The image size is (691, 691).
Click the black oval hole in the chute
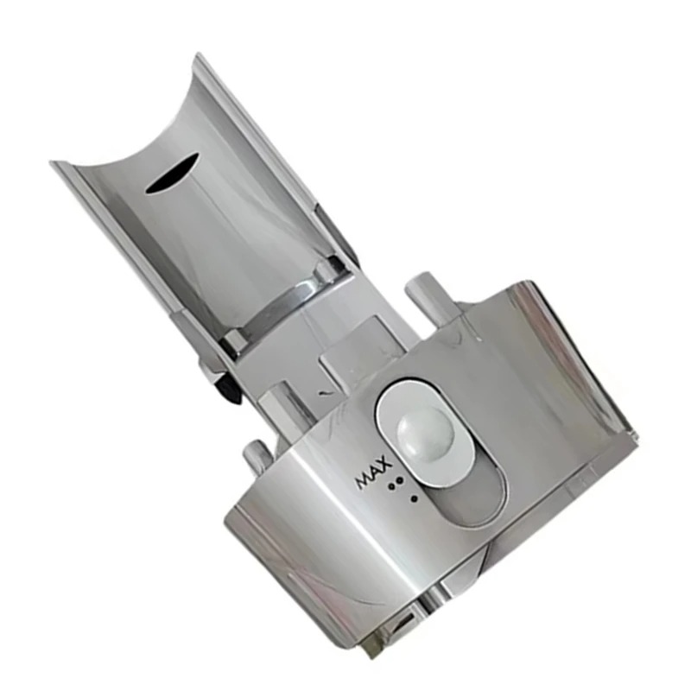coord(172,174)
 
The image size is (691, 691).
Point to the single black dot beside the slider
coord(414,499)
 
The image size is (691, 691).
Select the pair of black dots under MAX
coord(396,483)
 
